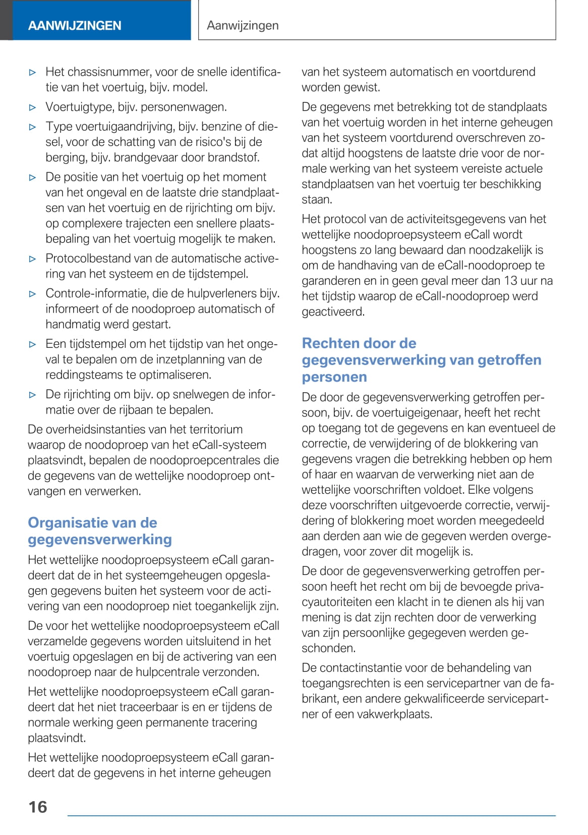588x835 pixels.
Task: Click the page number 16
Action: [x=38, y=807]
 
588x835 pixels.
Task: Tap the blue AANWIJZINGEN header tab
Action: [x=75, y=25]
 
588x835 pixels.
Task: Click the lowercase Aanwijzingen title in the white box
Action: [x=243, y=25]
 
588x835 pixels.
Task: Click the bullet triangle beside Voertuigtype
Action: [x=33, y=108]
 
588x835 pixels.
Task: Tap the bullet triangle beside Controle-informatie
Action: [x=33, y=294]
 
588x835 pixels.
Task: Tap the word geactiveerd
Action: [x=333, y=312]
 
